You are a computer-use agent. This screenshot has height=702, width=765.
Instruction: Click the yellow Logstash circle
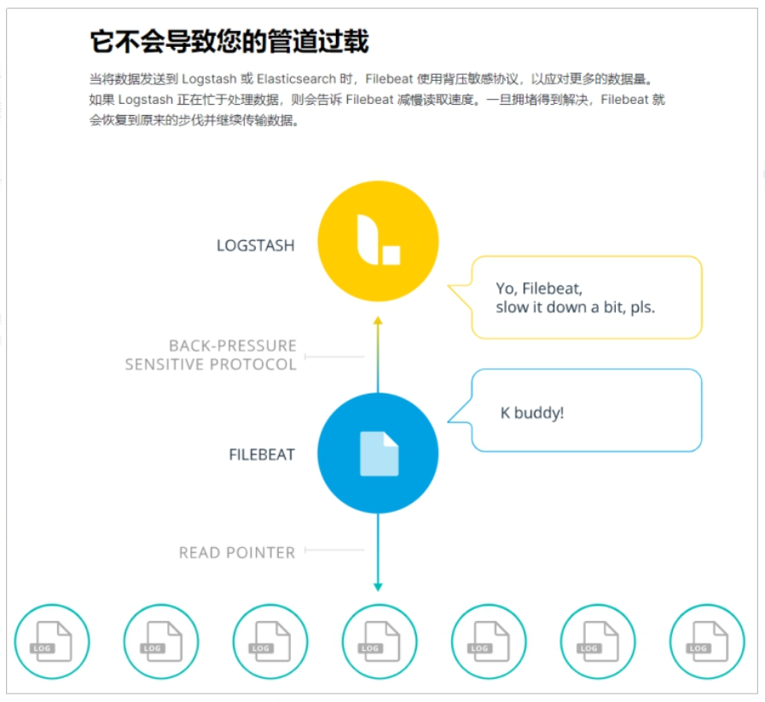[x=378, y=242]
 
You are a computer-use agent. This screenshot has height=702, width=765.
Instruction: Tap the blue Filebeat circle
[x=378, y=453]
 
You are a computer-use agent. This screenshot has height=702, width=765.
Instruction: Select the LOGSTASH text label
[x=255, y=245]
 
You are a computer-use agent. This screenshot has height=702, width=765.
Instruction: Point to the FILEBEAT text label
[x=262, y=455]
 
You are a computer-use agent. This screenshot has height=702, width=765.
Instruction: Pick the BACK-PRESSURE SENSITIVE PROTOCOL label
[x=212, y=355]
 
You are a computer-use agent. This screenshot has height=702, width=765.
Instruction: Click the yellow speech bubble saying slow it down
[x=586, y=297]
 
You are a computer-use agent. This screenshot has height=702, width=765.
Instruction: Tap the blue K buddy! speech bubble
[x=586, y=411]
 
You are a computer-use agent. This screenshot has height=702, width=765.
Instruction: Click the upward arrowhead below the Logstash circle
[x=378, y=321]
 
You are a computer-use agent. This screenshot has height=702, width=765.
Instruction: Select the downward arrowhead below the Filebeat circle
[x=378, y=586]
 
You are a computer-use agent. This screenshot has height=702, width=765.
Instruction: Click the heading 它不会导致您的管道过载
[x=229, y=42]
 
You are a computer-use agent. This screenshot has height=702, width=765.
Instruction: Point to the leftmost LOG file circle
[x=52, y=642]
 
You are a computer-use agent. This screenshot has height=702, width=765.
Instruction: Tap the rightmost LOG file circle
[x=706, y=642]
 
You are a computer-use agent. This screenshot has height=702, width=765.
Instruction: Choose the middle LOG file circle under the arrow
[x=379, y=642]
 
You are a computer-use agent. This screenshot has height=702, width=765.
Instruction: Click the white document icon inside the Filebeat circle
[x=379, y=453]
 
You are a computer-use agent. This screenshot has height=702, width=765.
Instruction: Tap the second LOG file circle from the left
[x=161, y=642]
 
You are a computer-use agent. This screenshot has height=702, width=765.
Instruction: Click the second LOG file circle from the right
[x=597, y=642]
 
